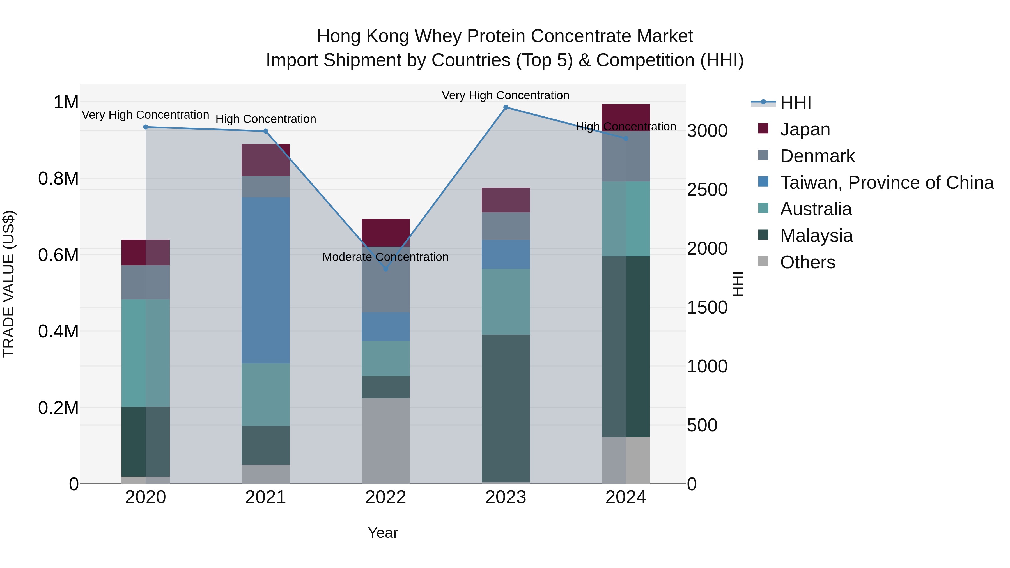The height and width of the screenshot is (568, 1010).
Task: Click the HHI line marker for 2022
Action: [x=385, y=269]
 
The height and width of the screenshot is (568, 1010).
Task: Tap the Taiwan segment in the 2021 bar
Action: [x=265, y=280]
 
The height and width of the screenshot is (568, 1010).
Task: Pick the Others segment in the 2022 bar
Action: [x=385, y=441]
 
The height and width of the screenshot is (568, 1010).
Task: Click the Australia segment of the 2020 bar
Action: [x=145, y=353]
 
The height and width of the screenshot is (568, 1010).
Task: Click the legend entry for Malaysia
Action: [x=816, y=236]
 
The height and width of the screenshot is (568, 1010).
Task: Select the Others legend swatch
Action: [x=763, y=261]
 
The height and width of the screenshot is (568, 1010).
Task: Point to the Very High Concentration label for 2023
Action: [x=505, y=95]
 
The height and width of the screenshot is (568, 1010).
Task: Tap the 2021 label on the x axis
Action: [x=265, y=497]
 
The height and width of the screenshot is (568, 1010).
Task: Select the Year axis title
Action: [x=383, y=533]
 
